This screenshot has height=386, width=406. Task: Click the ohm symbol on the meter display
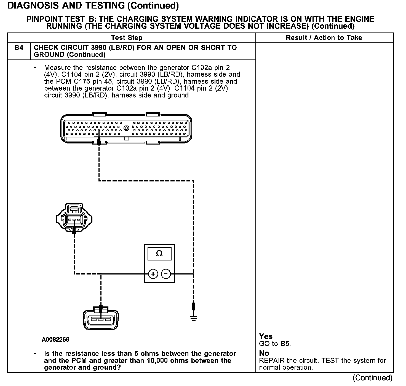coord(159,254)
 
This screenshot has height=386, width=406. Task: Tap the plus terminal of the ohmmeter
coord(153,274)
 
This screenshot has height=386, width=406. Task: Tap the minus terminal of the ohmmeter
coord(166,274)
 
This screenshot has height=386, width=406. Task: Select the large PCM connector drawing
coord(126,129)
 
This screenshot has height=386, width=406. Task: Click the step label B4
coord(19,48)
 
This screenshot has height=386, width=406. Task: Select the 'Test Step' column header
coord(127,38)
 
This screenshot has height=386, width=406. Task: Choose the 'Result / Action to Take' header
coord(324,38)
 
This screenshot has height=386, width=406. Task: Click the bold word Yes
coord(266,336)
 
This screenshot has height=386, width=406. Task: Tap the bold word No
coord(264,353)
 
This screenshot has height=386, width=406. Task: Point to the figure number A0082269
coord(55,339)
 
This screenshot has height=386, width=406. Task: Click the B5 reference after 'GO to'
coord(285,344)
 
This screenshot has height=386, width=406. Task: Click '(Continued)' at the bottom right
coord(372,378)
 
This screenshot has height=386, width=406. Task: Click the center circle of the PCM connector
coord(126,128)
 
